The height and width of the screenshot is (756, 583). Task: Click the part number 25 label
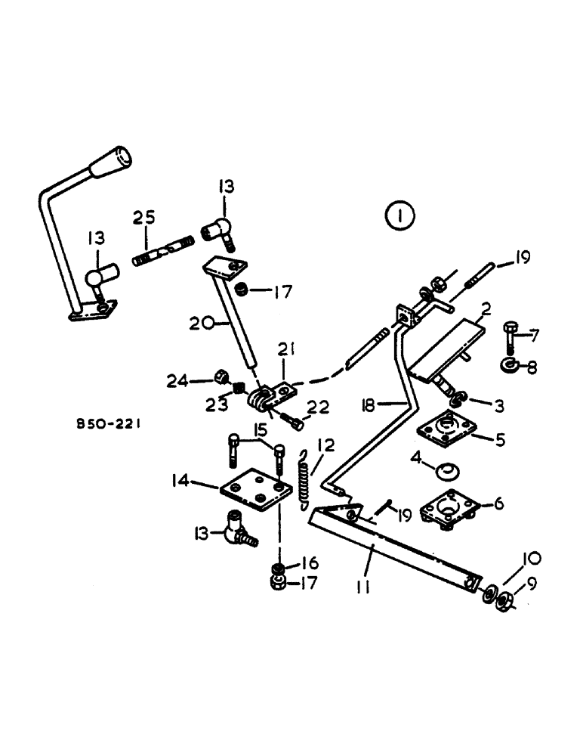click(x=144, y=217)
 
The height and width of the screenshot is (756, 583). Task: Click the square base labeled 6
click(x=450, y=503)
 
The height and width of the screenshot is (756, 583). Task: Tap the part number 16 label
click(x=309, y=564)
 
